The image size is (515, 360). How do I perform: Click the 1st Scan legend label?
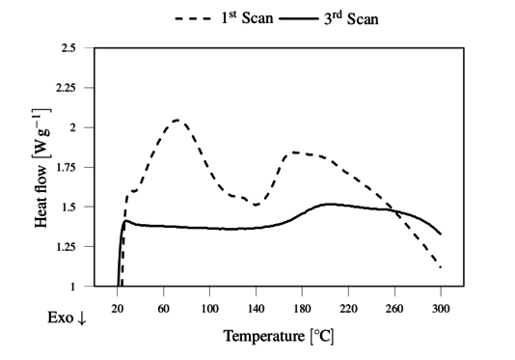[x=231, y=16]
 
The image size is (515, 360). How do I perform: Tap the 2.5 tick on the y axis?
[x=68, y=47]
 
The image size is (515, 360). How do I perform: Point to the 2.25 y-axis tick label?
[x=65, y=87]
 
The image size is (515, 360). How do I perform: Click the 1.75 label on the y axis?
[x=65, y=167]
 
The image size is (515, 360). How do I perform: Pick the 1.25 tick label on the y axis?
[x=65, y=247]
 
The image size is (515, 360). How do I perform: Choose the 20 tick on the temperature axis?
[x=118, y=307]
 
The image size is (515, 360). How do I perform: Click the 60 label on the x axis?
[x=164, y=307]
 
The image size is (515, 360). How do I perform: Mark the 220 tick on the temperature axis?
[x=348, y=307]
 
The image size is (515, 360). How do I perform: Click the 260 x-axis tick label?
[x=394, y=307]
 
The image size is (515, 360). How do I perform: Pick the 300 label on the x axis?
[x=441, y=307]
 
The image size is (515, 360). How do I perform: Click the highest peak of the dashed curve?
[x=177, y=120]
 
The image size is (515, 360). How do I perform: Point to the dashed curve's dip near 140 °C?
[x=256, y=205]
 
